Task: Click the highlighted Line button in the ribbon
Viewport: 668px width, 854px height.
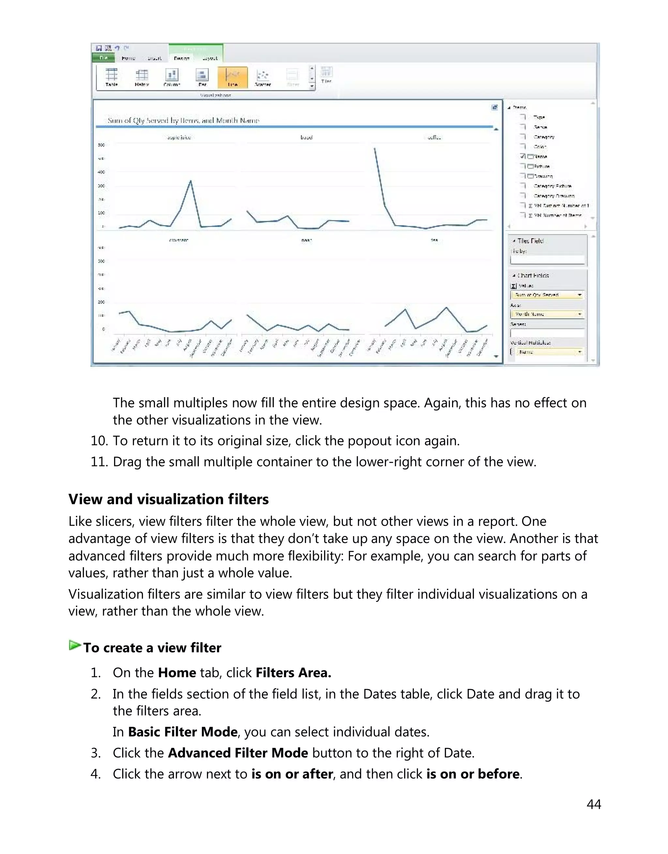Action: pyautogui.click(x=232, y=77)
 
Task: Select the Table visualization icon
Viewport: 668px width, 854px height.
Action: pyautogui.click(x=112, y=77)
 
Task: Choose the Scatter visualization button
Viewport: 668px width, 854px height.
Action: pyautogui.click(x=263, y=77)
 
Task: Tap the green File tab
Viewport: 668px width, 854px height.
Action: pyautogui.click(x=103, y=58)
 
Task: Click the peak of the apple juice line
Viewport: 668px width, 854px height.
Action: pyautogui.click(x=190, y=181)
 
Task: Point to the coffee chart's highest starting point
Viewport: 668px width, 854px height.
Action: pyautogui.click(x=375, y=148)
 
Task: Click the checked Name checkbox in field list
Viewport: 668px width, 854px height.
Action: pyautogui.click(x=523, y=156)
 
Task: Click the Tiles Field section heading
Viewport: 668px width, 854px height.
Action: pyautogui.click(x=530, y=241)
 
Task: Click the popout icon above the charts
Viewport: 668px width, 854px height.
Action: pyautogui.click(x=494, y=107)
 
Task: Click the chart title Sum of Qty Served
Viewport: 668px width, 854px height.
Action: pyautogui.click(x=183, y=120)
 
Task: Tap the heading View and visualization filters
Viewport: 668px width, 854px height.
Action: pyautogui.click(x=169, y=499)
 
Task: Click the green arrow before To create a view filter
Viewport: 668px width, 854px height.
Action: pyautogui.click(x=74, y=645)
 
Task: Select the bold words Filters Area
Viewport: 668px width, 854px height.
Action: pyautogui.click(x=293, y=673)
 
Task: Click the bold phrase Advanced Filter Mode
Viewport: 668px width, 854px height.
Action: pyautogui.click(x=238, y=753)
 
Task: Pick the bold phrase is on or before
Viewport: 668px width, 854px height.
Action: pyautogui.click(x=472, y=774)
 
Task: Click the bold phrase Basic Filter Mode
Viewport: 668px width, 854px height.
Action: pyautogui.click(x=183, y=732)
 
